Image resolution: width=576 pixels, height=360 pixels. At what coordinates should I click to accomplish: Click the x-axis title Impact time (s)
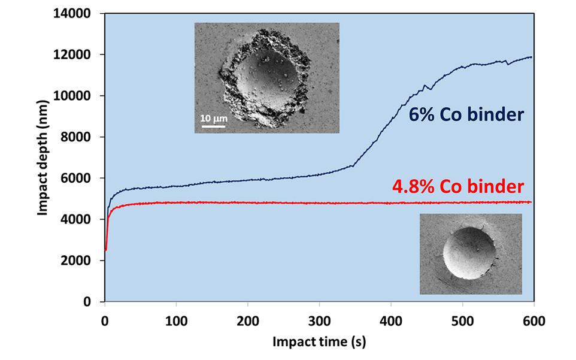click(x=319, y=343)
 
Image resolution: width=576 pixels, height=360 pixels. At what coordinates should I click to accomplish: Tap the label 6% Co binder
click(x=466, y=115)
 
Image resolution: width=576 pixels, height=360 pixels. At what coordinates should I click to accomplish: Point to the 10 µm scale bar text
click(x=213, y=119)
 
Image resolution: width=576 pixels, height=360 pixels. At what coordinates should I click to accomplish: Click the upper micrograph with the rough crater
click(x=266, y=77)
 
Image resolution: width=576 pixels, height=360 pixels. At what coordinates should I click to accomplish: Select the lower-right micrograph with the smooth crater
click(x=470, y=253)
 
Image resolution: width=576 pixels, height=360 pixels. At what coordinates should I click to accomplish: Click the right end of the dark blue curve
click(x=531, y=58)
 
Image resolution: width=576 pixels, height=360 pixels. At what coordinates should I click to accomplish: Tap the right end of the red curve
click(x=531, y=202)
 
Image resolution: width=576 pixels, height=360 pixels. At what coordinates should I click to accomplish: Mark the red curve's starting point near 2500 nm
click(x=106, y=250)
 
